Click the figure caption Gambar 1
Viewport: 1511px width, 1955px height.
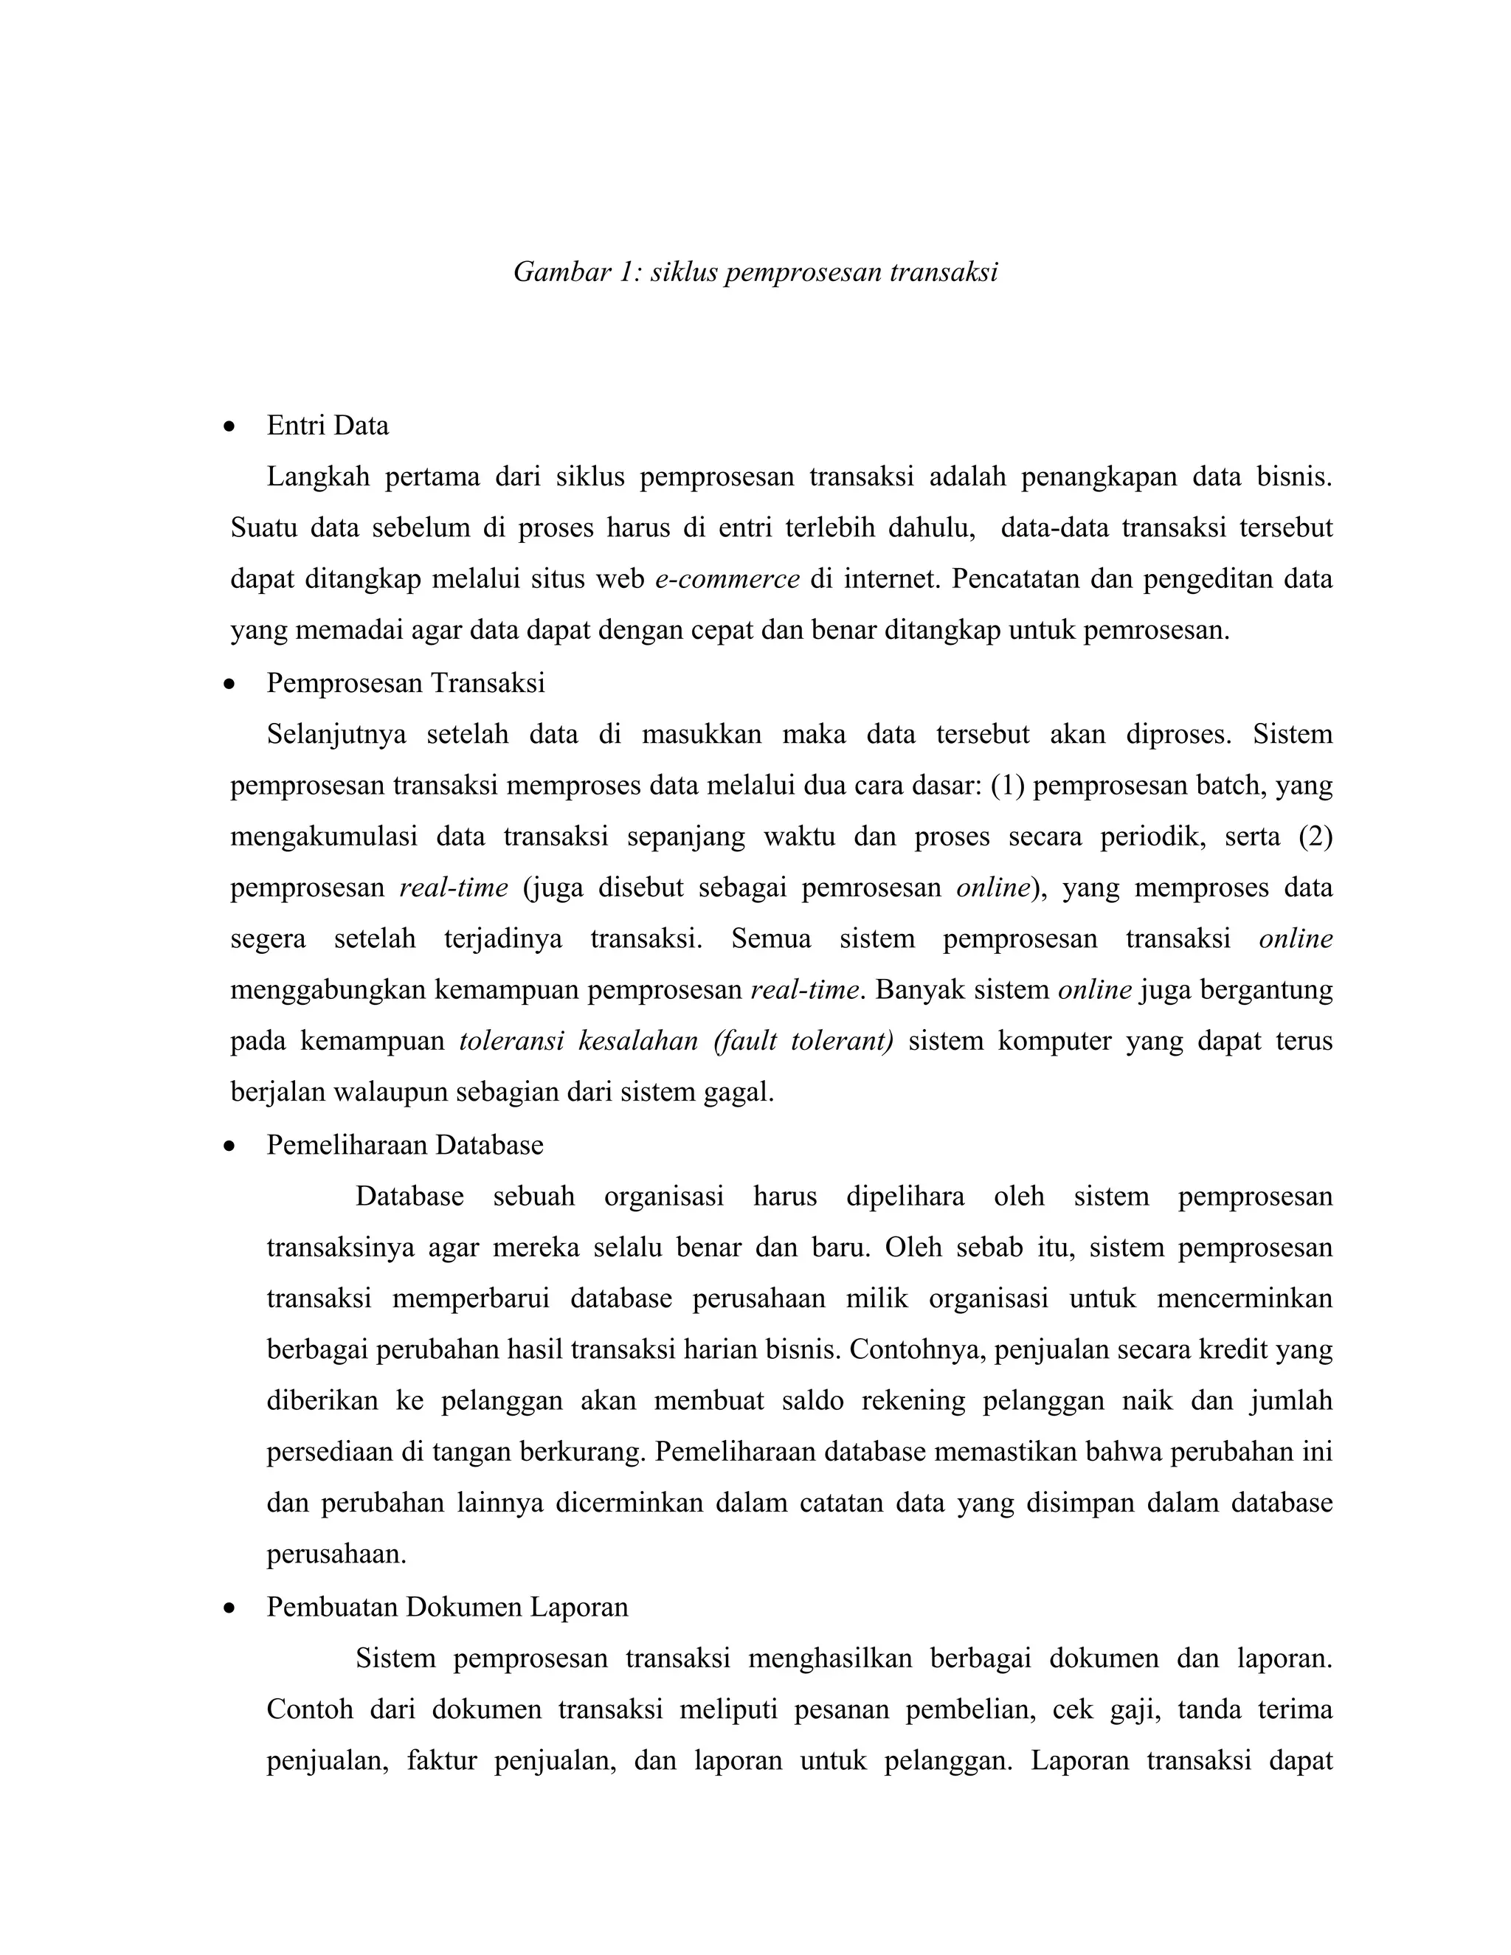click(755, 272)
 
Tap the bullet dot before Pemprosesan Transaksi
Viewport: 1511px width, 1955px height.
click(230, 685)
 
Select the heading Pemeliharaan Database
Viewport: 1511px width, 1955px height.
click(404, 1145)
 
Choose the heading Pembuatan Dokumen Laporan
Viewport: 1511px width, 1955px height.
click(446, 1607)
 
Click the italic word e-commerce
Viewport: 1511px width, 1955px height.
click(727, 579)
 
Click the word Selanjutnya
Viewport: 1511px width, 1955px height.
click(336, 734)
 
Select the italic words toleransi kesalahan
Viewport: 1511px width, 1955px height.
click(578, 1041)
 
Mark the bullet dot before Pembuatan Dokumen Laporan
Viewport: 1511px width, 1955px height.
click(230, 1608)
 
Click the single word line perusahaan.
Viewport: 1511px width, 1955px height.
click(336, 1555)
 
